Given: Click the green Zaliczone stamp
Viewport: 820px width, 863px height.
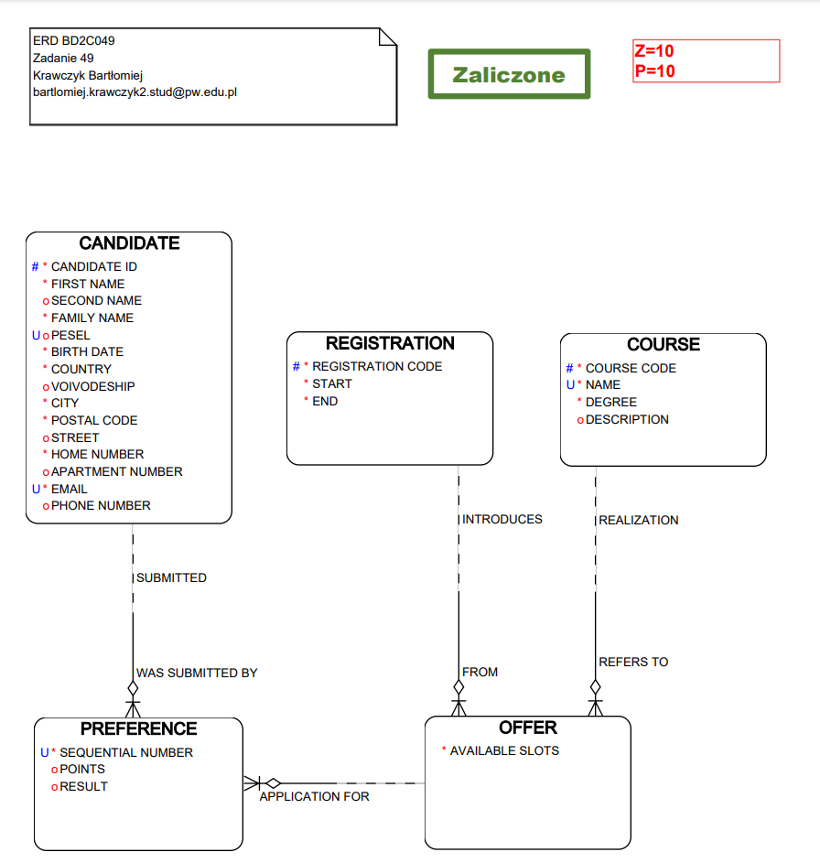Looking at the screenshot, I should tap(509, 74).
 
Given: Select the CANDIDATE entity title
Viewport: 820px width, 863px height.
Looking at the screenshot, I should tap(129, 243).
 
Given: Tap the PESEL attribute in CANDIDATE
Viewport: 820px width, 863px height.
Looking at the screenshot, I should tap(70, 335).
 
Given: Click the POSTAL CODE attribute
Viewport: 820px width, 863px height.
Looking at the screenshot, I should tap(94, 420).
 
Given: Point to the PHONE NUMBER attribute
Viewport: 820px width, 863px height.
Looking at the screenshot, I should tap(101, 505).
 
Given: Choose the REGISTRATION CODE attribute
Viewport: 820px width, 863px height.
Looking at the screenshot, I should tap(377, 366).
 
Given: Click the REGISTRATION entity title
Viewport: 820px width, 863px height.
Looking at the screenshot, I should tap(390, 343).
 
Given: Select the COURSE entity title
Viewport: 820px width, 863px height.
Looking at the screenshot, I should tap(664, 344).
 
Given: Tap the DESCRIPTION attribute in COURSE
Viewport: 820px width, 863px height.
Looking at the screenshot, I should tap(627, 419).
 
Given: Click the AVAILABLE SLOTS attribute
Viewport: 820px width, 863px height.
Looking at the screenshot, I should tap(504, 750).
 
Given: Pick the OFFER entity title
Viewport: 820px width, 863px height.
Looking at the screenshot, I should tap(528, 728).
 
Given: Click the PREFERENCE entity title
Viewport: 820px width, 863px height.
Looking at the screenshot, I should tap(138, 728).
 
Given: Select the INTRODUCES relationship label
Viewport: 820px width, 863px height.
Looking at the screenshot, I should tap(502, 519).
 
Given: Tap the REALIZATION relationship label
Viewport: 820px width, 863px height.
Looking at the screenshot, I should tap(639, 520).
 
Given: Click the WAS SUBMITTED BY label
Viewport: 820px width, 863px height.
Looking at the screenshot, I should tap(197, 673).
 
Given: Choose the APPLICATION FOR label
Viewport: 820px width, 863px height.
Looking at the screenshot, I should tap(315, 796).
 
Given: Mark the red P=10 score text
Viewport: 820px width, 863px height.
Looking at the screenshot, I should tap(654, 70).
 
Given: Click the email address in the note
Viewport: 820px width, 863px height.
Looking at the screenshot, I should tap(135, 92).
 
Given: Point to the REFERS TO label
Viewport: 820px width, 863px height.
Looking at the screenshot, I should tap(633, 662).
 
